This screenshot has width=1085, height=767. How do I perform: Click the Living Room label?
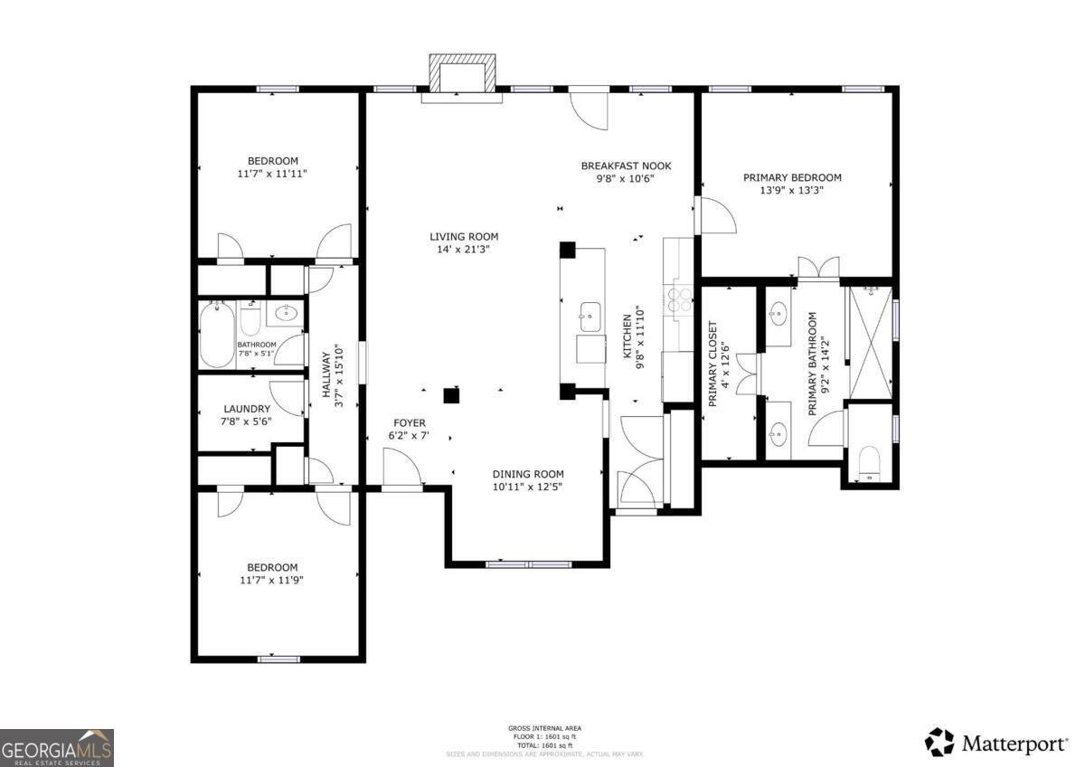(464, 237)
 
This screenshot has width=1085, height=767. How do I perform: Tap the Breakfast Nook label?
(626, 166)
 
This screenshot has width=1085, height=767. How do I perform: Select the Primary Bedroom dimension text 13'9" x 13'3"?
(792, 190)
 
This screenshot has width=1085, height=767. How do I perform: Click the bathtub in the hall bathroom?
(217, 335)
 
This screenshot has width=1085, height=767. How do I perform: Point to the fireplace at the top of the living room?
(464, 73)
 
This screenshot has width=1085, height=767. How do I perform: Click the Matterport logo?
(996, 743)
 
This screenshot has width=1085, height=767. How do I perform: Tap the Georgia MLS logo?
(57, 747)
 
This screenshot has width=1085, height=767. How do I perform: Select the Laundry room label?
(247, 409)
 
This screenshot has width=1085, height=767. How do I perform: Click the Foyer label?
(409, 423)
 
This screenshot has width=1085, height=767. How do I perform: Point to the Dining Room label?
(528, 474)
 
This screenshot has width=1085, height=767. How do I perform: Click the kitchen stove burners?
(679, 300)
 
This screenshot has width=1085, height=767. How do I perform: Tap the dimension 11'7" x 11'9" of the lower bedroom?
(272, 580)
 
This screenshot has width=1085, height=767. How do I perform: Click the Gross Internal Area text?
(544, 728)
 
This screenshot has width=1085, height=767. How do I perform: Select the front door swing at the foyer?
(401, 469)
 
